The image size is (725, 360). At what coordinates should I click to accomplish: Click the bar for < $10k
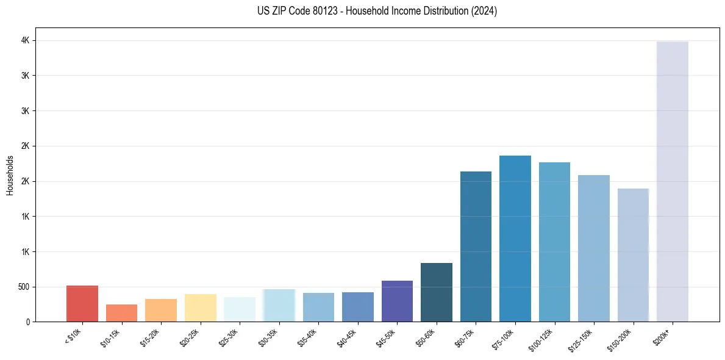click(x=82, y=303)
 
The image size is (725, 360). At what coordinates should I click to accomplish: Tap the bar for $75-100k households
click(x=515, y=239)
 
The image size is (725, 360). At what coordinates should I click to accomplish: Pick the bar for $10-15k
click(x=121, y=313)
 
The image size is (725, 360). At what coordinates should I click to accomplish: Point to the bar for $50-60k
click(x=436, y=292)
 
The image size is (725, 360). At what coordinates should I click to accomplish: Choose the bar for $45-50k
click(x=397, y=301)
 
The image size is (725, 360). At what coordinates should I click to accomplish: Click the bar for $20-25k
click(x=200, y=308)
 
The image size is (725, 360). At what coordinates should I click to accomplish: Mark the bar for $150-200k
click(x=633, y=255)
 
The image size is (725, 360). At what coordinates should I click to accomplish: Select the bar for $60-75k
click(x=476, y=247)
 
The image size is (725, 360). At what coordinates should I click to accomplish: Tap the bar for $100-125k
click(x=554, y=242)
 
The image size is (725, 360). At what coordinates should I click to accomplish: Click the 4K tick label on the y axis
click(x=25, y=40)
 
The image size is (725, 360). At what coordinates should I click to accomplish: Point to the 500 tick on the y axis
click(x=23, y=287)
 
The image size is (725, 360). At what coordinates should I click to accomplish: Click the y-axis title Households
click(x=10, y=175)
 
